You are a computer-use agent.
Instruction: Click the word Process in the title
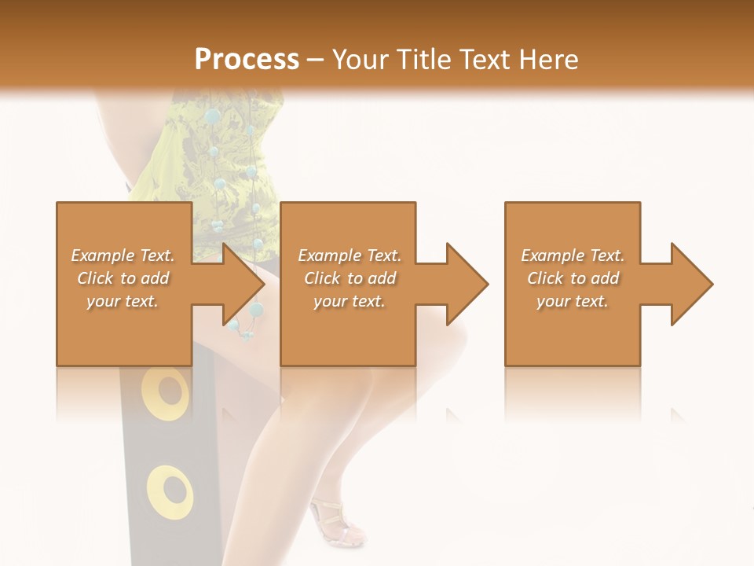click(247, 59)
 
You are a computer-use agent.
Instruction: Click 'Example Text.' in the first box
click(123, 255)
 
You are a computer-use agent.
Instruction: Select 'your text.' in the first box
click(123, 301)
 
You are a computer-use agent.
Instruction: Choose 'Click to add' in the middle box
click(350, 278)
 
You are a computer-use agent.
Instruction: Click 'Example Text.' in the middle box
click(350, 255)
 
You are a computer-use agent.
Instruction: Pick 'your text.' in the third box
click(573, 301)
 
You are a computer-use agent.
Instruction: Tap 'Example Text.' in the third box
click(573, 255)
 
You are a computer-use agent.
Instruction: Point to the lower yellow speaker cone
click(170, 491)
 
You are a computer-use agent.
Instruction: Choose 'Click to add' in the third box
click(573, 278)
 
